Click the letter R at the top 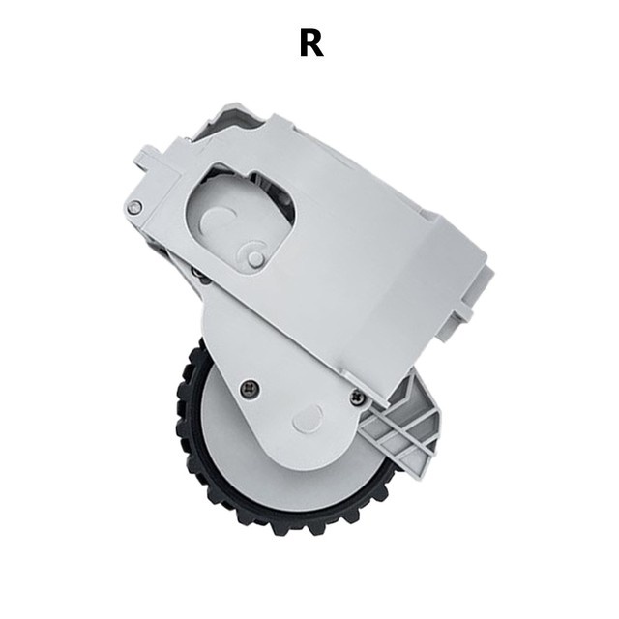point(311,44)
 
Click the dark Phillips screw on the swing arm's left point(250,389)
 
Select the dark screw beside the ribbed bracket point(357,396)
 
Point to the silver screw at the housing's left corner point(135,206)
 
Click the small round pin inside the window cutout point(255,257)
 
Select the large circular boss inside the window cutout point(217,221)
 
